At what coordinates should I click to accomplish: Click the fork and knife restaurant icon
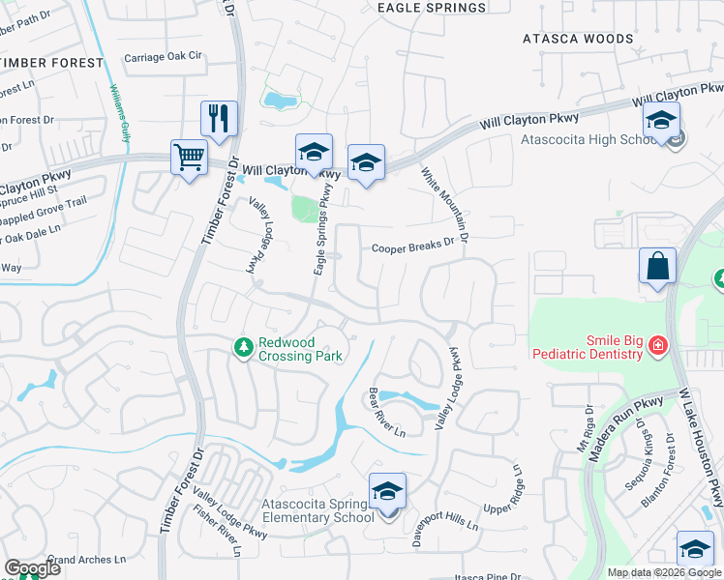pos(219,119)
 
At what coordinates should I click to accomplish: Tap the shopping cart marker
pos(189,157)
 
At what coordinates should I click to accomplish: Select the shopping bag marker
pos(657,267)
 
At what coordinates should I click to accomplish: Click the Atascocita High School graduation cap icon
pos(661,122)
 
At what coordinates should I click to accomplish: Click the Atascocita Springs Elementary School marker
pos(387,493)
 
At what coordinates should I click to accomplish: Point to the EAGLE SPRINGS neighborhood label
pos(431,8)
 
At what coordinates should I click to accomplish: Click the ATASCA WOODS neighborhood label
pos(578,40)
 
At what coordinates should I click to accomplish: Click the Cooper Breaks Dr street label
pos(413,246)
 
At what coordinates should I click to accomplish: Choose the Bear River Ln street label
pos(386,413)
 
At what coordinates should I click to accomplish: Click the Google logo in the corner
pos(32,568)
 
